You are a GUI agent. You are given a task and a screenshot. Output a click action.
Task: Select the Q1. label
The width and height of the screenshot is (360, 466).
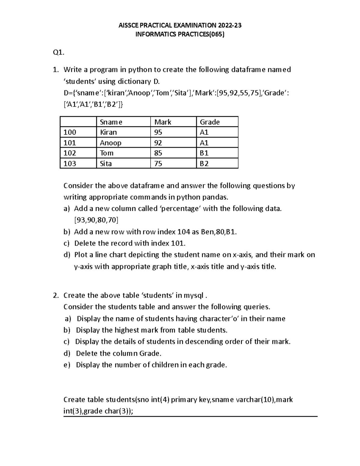58,53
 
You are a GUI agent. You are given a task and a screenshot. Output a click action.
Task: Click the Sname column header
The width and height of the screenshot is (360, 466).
111,122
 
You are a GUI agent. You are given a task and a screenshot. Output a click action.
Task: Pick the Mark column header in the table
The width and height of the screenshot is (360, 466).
163,122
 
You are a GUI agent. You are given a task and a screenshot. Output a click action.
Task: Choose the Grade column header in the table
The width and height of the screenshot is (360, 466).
210,122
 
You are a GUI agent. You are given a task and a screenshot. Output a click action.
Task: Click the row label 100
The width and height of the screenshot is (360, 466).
70,132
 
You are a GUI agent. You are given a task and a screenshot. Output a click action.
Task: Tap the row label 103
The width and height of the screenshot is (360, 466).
70,164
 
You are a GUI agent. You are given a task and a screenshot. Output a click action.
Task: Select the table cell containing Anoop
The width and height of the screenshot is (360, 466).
110,143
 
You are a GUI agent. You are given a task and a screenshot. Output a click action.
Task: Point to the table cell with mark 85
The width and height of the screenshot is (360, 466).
158,153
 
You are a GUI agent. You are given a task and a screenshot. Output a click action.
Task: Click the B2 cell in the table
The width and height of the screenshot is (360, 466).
204,164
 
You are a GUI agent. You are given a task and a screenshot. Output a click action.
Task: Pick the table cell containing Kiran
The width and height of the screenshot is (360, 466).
108,132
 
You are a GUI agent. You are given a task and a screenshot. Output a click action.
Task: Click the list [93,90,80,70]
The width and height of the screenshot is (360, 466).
96,220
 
